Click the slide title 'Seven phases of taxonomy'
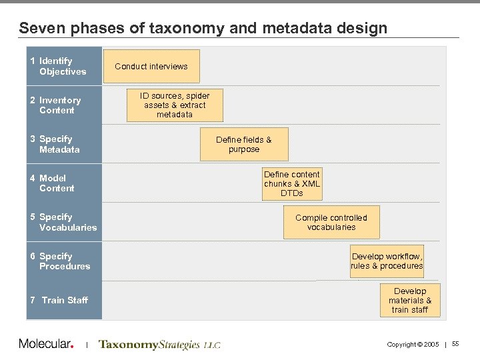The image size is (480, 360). [x=203, y=28]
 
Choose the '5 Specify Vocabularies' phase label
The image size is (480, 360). [x=64, y=222]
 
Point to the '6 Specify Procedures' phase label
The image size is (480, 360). [x=61, y=261]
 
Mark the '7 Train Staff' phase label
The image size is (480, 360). [x=59, y=300]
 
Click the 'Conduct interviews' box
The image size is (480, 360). [x=151, y=66]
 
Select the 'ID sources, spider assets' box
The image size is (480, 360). [x=174, y=105]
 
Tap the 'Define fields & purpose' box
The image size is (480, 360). [x=244, y=144]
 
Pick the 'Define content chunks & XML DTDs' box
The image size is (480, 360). [x=292, y=183]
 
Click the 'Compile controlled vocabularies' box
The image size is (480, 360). [x=331, y=222]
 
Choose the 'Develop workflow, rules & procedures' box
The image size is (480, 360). [x=387, y=261]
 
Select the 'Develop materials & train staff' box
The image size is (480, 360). [x=410, y=301]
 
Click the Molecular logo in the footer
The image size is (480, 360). [x=46, y=344]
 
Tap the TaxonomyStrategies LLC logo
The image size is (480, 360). [x=159, y=345]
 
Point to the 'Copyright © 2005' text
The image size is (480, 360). [x=413, y=344]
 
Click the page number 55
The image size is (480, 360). [x=455, y=344]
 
